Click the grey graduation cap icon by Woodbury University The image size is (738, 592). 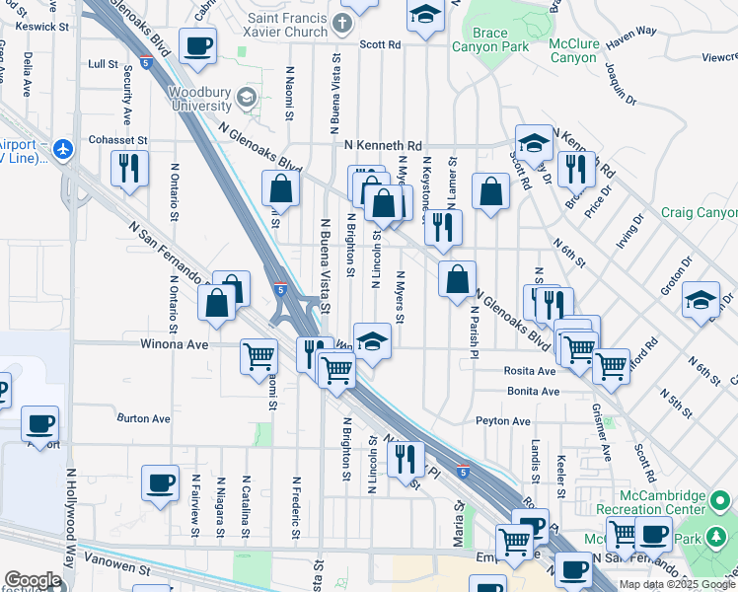click(247, 98)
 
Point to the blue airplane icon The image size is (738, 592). click(65, 149)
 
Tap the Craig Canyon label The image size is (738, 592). click(699, 213)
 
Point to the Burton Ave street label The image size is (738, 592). click(144, 418)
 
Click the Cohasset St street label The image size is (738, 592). click(117, 140)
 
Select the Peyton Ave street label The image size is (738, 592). click(503, 421)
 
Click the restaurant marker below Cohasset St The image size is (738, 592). click(129, 169)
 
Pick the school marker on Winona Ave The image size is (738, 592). click(372, 341)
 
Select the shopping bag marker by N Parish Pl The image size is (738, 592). click(458, 279)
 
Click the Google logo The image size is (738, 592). click(33, 580)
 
